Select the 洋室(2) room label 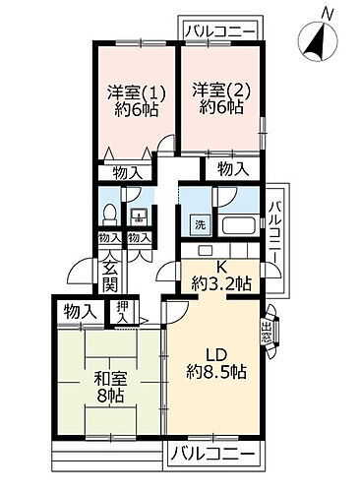pyautogui.click(x=215, y=92)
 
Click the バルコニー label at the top pyautogui.click(x=220, y=31)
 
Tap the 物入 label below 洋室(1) pyautogui.click(x=127, y=171)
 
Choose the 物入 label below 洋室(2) pyautogui.click(x=231, y=169)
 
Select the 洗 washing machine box pyautogui.click(x=199, y=222)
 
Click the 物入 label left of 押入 pyautogui.click(x=79, y=311)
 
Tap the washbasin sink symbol pyautogui.click(x=140, y=217)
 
